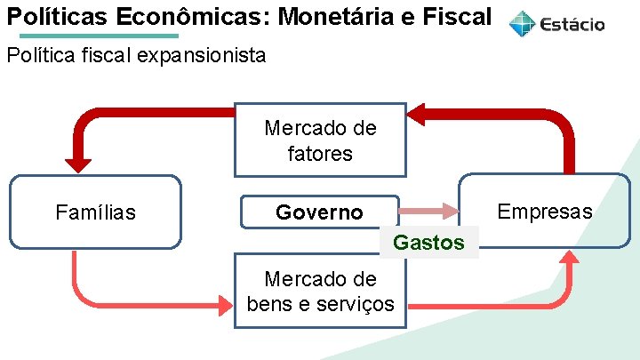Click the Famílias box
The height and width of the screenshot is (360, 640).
(x=95, y=212)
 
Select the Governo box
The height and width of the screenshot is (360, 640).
(x=320, y=212)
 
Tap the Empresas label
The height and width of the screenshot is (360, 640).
(x=544, y=212)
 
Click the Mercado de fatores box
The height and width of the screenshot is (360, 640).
(x=320, y=140)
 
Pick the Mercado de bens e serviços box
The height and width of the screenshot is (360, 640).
(x=320, y=291)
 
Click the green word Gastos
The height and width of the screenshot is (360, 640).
(x=428, y=243)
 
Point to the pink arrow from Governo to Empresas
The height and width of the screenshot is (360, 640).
(x=427, y=212)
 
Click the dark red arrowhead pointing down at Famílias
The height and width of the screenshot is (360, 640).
(x=78, y=163)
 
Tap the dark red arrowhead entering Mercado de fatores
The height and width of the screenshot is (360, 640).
(x=416, y=113)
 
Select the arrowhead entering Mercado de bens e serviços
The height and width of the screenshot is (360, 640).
(x=224, y=306)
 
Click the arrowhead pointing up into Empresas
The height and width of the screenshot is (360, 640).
(x=570, y=258)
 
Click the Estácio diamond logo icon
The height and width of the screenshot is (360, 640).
(x=523, y=24)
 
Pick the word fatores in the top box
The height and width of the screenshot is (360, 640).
(x=320, y=154)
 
